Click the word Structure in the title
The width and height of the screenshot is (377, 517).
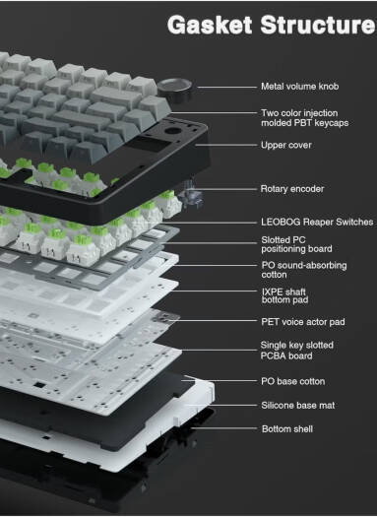[x=315, y=24]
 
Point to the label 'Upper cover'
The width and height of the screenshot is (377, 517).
[x=286, y=145]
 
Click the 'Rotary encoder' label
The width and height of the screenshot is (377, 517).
[x=293, y=188]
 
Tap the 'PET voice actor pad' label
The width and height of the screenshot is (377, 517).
[x=303, y=322]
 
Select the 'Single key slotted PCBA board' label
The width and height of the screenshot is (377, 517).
[x=297, y=351]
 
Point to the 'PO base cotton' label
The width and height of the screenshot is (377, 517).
[x=293, y=380]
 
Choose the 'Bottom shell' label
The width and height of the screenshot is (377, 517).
[x=287, y=429]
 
